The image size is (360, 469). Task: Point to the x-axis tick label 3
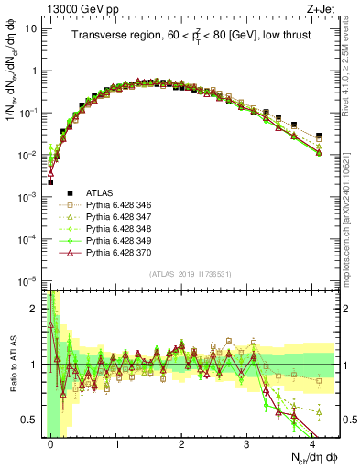click(x=247, y=444)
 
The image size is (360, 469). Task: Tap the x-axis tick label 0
click(x=51, y=444)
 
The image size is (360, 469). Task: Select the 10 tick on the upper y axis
click(x=31, y=27)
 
